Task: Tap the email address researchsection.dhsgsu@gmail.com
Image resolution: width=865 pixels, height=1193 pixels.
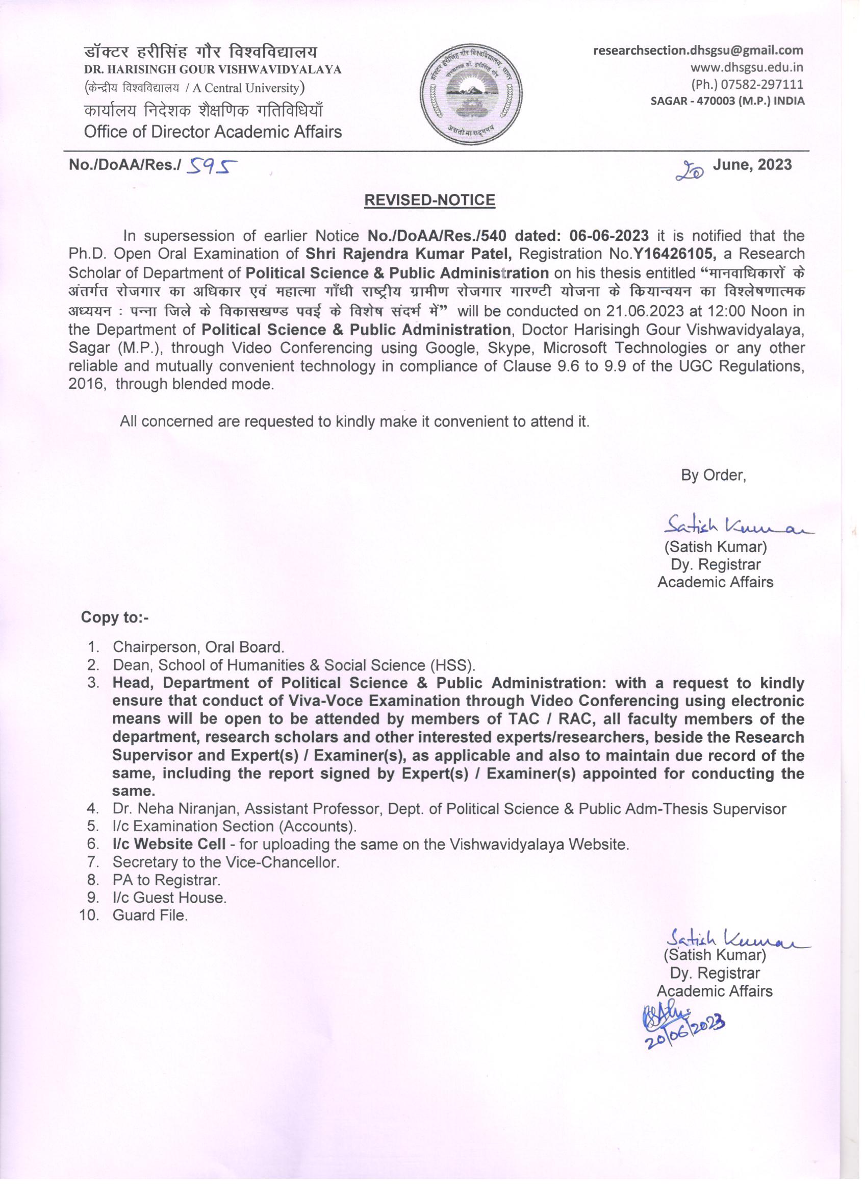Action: pyautogui.click(x=698, y=51)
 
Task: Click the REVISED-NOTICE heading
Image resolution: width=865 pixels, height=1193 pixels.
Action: pyautogui.click(x=429, y=200)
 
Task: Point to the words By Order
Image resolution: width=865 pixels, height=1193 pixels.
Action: pyautogui.click(x=713, y=475)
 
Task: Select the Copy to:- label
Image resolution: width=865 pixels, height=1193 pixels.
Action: pyautogui.click(x=115, y=617)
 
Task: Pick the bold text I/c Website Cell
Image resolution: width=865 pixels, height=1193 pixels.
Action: pyautogui.click(x=169, y=844)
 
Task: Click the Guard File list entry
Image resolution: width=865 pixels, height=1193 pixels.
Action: pyautogui.click(x=150, y=915)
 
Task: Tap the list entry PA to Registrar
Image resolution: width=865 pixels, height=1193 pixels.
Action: pyautogui.click(x=166, y=880)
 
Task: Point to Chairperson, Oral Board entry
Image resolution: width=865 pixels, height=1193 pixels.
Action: pyautogui.click(x=198, y=647)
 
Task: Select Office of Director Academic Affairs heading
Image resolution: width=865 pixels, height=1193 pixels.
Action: pyautogui.click(x=213, y=132)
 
